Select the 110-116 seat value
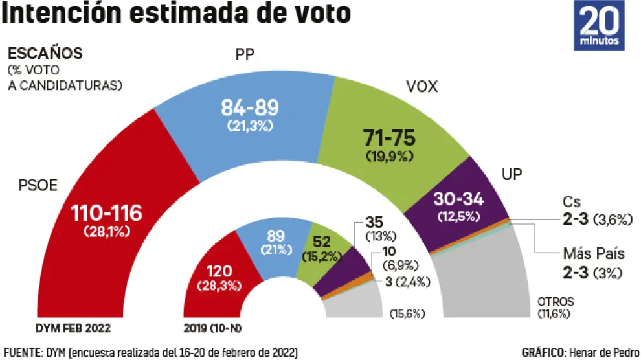[106, 214]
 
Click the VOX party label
[422, 86]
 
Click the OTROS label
[556, 302]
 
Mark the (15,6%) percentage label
[407, 314]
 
